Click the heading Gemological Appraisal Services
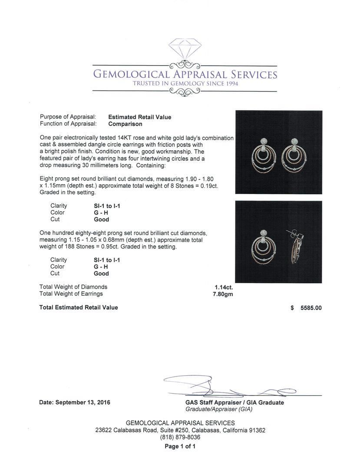coord(185,74)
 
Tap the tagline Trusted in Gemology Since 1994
coord(185,84)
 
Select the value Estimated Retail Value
coord(139,117)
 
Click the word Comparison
coord(125,124)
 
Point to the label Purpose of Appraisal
coord(68,117)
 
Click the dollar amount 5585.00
coord(311,308)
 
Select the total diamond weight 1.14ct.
coord(224,287)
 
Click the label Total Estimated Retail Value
coord(79,307)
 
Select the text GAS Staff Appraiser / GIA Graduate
coord(234,403)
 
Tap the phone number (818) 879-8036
coord(180,437)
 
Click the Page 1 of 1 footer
coord(180,446)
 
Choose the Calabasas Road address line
coord(180,430)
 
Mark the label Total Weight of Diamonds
coord(73,287)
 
